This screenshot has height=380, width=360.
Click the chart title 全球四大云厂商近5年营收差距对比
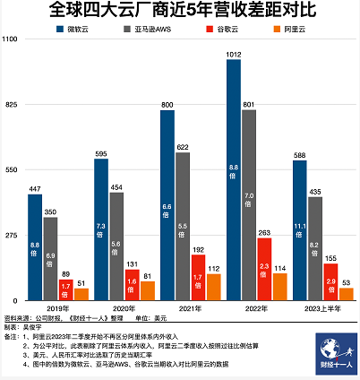179,13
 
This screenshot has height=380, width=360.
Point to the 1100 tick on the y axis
12,40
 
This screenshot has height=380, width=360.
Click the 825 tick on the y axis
11,105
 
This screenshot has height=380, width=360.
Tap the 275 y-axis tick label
11,235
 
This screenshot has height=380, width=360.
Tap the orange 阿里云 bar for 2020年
148,290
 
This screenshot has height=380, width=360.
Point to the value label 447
34,188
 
